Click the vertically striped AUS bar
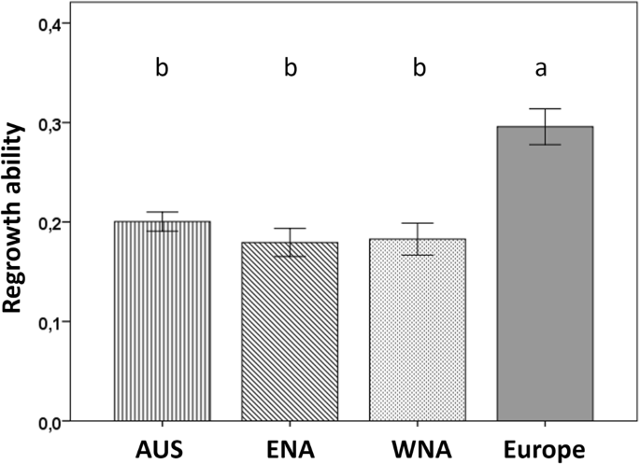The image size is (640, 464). [163, 322]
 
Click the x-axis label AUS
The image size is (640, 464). [163, 449]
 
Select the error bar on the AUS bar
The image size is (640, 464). [163, 221]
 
